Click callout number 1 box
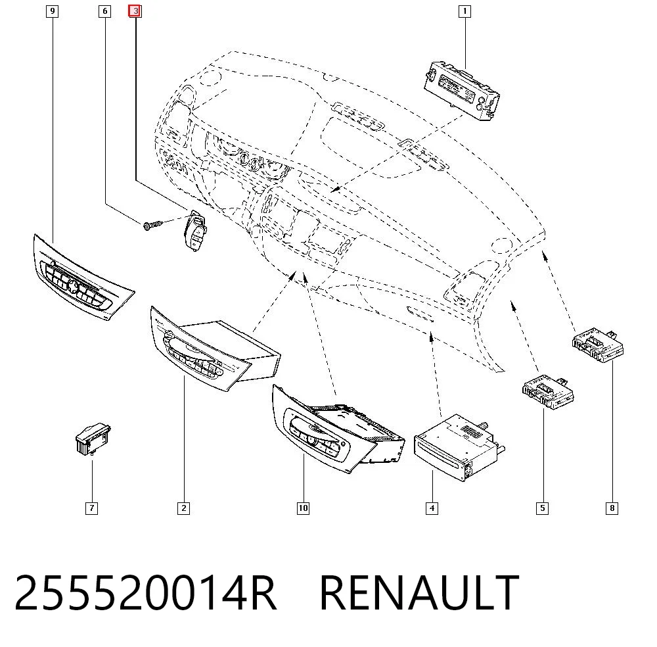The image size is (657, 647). pos(464,11)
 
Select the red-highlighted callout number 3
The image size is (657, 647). pos(135,11)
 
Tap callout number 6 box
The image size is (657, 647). pos(104,11)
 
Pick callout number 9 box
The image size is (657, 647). pos(52,11)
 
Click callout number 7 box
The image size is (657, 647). pos(92,508)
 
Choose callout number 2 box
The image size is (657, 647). pos(183,508)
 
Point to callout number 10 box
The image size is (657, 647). pos(303,508)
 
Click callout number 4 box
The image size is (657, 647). pos(432,508)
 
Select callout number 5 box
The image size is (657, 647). pos(542,508)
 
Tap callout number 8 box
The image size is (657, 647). pos(612,508)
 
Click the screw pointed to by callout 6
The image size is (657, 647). pos(152,226)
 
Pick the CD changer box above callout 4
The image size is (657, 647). pos(459,447)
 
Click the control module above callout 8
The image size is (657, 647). pos(598,345)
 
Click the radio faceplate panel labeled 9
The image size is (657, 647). pos(83,277)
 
